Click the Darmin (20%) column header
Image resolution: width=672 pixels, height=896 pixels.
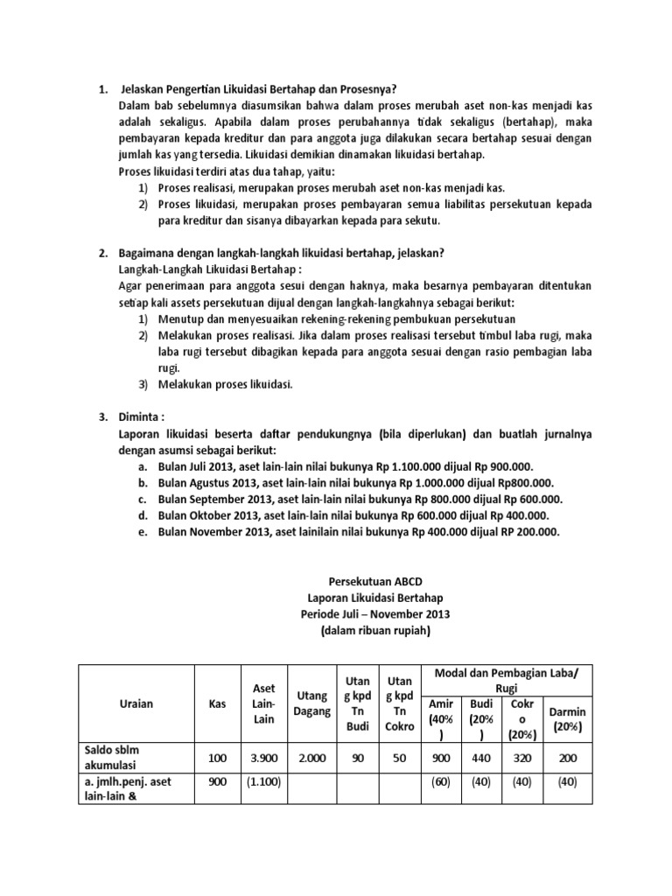point(567,719)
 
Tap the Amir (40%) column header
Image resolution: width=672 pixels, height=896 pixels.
point(440,718)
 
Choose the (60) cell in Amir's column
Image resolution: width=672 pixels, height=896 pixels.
point(440,783)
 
